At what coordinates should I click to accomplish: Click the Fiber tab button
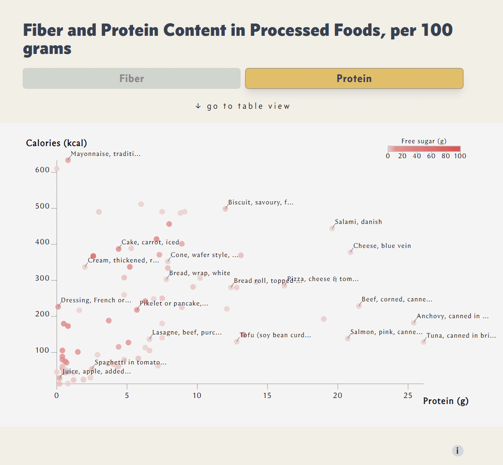tap(131, 78)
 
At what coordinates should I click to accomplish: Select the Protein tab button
tap(354, 78)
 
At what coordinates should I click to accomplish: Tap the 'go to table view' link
tap(243, 106)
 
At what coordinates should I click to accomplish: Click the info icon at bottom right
tap(457, 450)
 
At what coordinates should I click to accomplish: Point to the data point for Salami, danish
tap(332, 228)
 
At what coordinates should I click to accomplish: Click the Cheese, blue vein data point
tap(350, 252)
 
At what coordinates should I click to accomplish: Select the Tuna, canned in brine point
tap(423, 342)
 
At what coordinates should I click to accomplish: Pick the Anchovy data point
tap(414, 323)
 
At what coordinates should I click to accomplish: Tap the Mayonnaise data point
tap(68, 160)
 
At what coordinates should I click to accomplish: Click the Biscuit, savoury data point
tap(225, 209)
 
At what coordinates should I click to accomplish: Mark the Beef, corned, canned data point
tap(359, 306)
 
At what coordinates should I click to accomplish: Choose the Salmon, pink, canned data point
tap(347, 339)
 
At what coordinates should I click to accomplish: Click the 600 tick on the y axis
tap(42, 170)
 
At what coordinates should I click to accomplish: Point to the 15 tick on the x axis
tap(267, 395)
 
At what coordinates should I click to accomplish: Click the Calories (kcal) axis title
tap(56, 143)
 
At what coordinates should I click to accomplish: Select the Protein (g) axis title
tap(445, 401)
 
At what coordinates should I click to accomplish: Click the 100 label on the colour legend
tap(460, 156)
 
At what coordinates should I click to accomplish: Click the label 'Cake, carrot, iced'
tap(150, 242)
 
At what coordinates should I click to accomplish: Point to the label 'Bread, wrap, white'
tap(199, 273)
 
